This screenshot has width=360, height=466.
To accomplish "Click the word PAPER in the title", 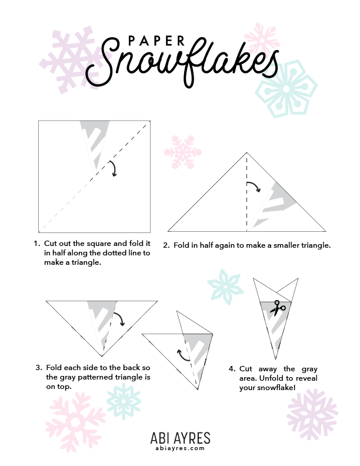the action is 156,41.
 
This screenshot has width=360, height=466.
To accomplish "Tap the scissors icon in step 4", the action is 278,308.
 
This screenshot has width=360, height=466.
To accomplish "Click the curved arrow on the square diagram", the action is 113,168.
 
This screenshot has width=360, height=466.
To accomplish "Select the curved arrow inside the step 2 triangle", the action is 254,186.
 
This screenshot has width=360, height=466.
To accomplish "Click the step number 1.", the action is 37,244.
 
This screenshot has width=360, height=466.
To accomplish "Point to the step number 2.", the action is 166,245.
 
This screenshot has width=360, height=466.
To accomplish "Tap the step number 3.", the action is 39,368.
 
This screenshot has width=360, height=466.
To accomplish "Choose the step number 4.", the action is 232,369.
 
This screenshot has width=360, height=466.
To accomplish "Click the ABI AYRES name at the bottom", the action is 181,438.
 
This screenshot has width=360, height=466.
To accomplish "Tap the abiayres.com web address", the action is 181,448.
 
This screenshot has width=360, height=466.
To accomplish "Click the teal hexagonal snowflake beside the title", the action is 286,89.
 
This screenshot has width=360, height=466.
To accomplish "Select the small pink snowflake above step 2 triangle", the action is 183,152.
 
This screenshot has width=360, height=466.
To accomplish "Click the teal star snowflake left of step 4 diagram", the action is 225,287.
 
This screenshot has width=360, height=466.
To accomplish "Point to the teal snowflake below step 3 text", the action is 124,401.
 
